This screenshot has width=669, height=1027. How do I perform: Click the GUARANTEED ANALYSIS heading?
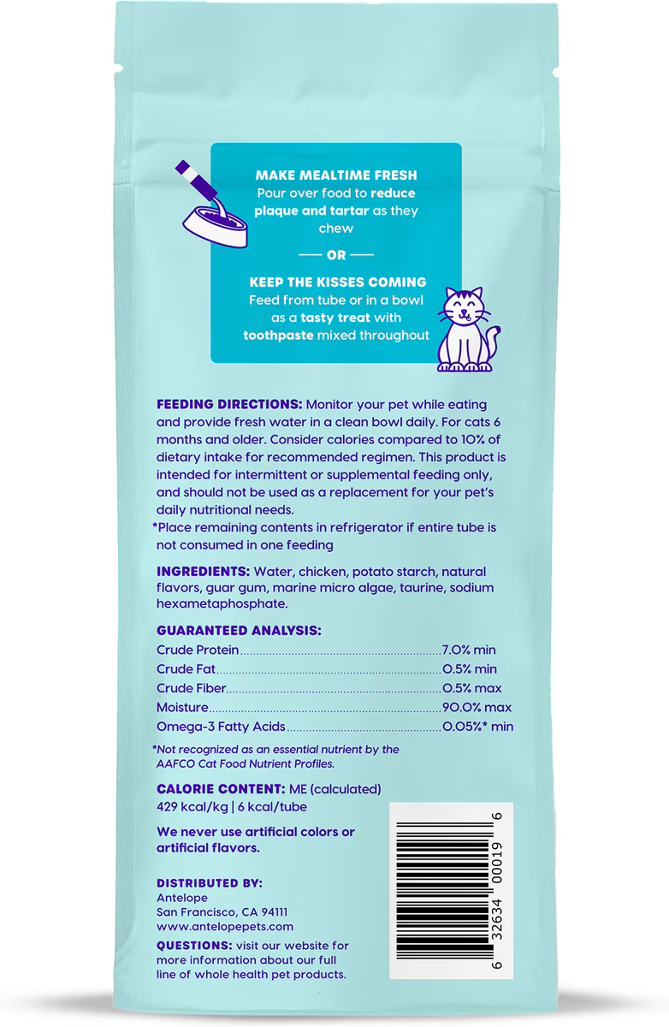coord(239,631)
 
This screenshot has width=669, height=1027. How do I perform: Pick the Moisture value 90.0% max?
coord(477,708)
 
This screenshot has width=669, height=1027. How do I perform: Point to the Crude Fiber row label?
coord(191,689)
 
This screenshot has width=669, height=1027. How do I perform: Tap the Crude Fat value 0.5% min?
coord(469,669)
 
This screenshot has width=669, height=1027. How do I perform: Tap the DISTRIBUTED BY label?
coord(210,883)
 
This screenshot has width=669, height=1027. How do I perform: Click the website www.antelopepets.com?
coord(225,926)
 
